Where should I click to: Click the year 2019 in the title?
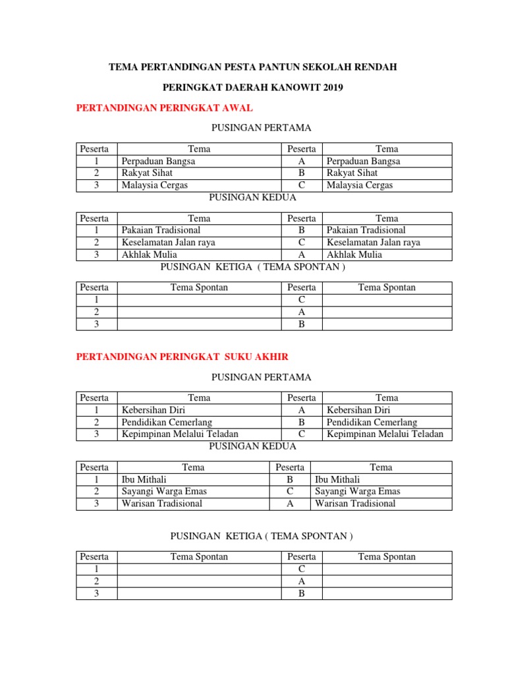click(332, 87)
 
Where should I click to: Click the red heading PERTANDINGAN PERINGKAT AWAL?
click(165, 107)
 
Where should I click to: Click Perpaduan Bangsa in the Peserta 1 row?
click(158, 161)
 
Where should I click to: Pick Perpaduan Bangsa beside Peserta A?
click(363, 161)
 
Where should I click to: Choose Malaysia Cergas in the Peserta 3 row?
click(155, 185)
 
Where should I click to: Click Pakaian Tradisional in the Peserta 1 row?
click(161, 230)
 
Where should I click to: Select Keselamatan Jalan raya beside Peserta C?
click(374, 242)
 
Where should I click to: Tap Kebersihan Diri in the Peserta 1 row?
click(154, 410)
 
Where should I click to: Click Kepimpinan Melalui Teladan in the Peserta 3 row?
click(180, 434)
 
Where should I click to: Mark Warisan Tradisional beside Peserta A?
click(355, 504)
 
